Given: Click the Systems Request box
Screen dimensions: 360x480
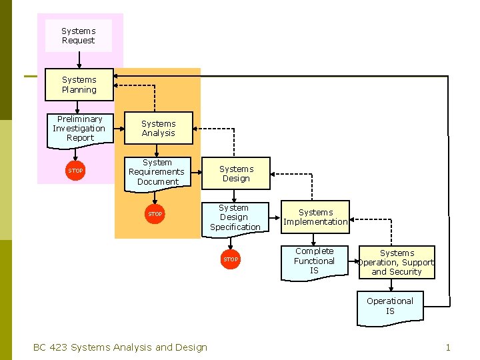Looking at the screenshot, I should [79, 36].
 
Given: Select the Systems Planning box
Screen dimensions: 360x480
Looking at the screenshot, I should [79, 85].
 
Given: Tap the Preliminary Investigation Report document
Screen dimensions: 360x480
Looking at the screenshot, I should [79, 129].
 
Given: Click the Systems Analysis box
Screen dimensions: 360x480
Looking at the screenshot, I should [159, 128].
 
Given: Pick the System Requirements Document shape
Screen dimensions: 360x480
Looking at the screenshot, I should [157, 173].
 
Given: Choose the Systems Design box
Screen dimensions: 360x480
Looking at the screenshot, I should [236, 174].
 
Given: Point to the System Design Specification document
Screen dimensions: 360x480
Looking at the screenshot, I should [235, 218].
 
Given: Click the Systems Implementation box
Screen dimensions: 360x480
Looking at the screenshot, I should [315, 217].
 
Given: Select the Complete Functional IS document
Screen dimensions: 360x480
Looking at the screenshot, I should [314, 261].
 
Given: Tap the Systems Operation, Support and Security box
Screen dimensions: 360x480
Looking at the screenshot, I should [397, 263].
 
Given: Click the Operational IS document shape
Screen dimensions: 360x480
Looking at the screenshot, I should [390, 307].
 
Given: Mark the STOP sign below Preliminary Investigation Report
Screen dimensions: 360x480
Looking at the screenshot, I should [76, 171].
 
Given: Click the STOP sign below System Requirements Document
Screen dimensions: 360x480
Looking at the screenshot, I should [155, 214].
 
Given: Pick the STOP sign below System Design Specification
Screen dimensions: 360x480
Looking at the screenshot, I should [231, 259].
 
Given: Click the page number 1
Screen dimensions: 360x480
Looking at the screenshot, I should [448, 347].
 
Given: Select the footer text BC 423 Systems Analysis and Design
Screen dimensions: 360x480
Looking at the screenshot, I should [120, 347].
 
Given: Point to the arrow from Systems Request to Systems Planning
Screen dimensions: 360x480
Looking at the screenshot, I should [79, 61].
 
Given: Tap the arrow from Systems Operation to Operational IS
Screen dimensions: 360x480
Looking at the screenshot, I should [391, 285].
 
